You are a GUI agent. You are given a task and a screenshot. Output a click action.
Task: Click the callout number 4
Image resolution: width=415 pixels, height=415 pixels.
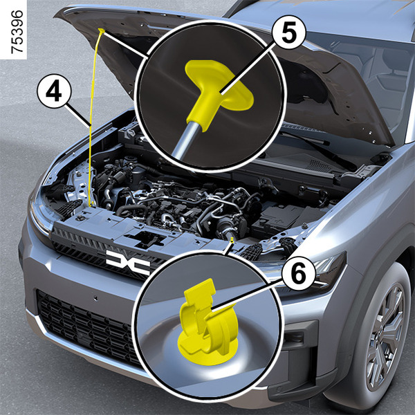click(x=54, y=91)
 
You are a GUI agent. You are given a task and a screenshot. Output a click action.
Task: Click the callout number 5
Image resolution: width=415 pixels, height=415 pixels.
click(x=288, y=33)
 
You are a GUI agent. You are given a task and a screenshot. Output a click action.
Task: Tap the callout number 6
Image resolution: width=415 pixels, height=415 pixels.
click(x=298, y=274)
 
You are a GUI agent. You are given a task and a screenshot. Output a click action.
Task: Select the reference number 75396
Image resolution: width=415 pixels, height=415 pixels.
click(x=17, y=32)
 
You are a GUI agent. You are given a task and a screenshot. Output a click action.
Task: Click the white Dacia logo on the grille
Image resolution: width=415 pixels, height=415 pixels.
click(x=128, y=261)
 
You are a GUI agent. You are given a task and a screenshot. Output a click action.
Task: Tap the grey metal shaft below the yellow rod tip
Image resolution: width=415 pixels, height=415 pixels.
click(x=186, y=140)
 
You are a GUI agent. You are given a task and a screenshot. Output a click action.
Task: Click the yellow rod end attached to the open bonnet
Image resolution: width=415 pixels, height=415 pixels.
click(x=102, y=30)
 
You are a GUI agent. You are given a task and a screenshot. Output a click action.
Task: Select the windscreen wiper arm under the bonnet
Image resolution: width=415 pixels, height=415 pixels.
click(x=317, y=147)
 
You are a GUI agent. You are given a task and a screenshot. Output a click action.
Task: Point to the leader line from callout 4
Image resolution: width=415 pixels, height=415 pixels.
click(x=78, y=115)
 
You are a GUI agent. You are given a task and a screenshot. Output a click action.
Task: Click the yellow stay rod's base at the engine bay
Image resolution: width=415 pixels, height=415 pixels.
click(x=91, y=204)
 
